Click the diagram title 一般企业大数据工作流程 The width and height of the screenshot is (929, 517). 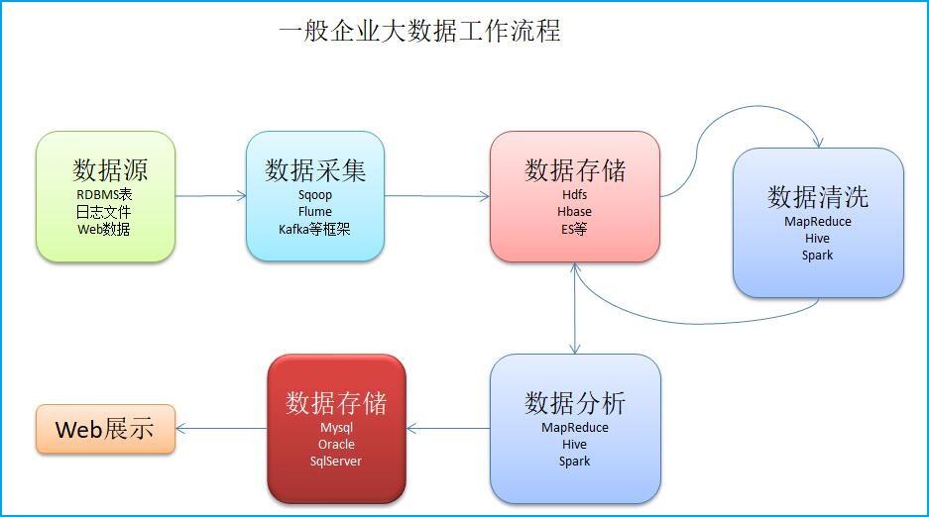(x=419, y=31)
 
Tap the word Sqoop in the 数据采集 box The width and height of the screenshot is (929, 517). (x=314, y=195)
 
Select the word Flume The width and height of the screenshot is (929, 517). (x=314, y=212)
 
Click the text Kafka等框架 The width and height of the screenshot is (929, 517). (x=314, y=229)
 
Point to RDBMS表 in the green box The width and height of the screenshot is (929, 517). (x=104, y=194)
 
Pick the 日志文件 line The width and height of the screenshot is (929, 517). (x=104, y=212)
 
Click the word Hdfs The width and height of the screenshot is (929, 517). (x=575, y=194)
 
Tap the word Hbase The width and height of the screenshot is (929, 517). (x=574, y=212)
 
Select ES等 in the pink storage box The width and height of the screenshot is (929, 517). (x=574, y=229)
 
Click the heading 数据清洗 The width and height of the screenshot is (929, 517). (x=818, y=197)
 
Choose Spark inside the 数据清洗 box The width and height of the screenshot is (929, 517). (x=818, y=256)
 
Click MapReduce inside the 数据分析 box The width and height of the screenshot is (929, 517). (x=575, y=428)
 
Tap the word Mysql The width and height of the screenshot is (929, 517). (x=336, y=428)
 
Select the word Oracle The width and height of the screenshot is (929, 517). (x=336, y=445)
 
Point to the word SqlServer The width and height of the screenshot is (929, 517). (x=336, y=462)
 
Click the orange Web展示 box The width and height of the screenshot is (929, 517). (x=105, y=429)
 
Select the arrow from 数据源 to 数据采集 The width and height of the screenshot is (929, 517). (x=211, y=196)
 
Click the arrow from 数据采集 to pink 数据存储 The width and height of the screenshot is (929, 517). (x=437, y=196)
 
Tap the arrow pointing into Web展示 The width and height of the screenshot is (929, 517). (x=221, y=428)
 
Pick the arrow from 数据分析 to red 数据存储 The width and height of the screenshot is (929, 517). (x=448, y=428)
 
